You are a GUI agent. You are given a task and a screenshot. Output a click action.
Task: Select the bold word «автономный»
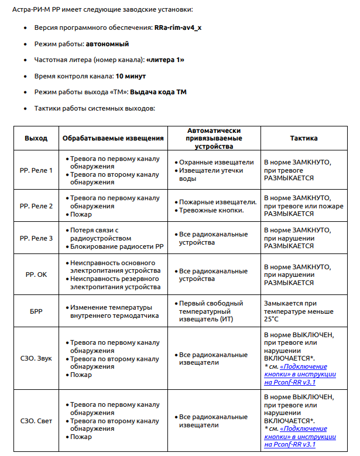[107, 44]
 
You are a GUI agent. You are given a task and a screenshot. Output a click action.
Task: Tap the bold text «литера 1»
[166, 60]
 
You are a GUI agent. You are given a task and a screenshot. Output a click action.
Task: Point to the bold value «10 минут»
[131, 76]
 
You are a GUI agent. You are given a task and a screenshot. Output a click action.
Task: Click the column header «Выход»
[36, 138]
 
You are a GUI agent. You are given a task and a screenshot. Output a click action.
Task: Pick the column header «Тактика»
[304, 138]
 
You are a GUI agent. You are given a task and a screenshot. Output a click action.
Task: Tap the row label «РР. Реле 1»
[36, 170]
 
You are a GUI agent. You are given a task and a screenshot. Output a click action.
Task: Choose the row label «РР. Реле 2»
[36, 206]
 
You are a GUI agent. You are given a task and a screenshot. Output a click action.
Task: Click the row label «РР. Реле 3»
[36, 238]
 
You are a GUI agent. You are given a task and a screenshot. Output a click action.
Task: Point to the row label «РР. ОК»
[36, 274]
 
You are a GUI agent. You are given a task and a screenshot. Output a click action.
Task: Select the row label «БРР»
[36, 311]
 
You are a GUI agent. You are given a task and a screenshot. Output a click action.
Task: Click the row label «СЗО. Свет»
[36, 421]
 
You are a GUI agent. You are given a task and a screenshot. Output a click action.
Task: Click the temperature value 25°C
[272, 319]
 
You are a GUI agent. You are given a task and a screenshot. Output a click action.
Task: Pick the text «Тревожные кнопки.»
[211, 210]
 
